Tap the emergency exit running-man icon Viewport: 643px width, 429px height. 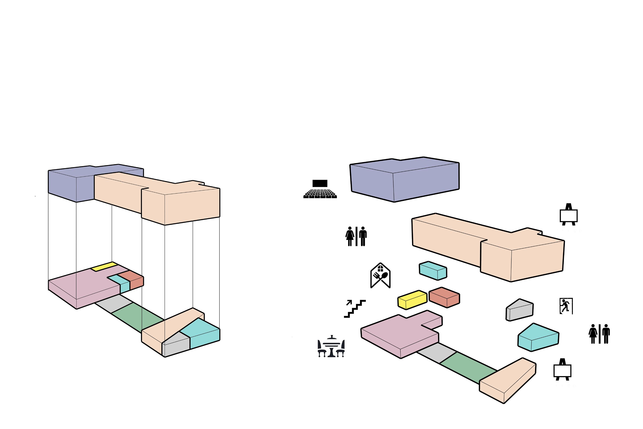pyautogui.click(x=566, y=306)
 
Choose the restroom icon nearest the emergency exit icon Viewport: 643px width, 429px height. pyautogui.click(x=599, y=334)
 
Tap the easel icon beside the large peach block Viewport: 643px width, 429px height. pyautogui.click(x=568, y=215)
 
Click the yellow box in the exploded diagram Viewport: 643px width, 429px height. pyautogui.click(x=412, y=300)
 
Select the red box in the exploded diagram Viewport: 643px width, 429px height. pyautogui.click(x=444, y=297)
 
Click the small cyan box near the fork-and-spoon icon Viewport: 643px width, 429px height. pyautogui.click(x=433, y=270)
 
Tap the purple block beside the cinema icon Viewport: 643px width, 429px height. pyautogui.click(x=405, y=179)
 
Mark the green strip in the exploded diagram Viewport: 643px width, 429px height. pyautogui.click(x=468, y=368)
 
